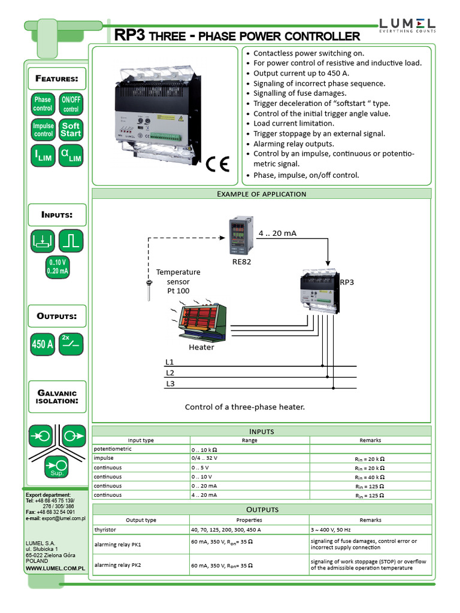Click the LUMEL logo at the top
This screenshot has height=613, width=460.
(x=407, y=25)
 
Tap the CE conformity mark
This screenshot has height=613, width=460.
(x=218, y=165)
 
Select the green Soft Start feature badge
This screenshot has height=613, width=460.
(x=71, y=130)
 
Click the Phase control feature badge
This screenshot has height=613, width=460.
(x=43, y=104)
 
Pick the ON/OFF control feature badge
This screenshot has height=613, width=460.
(x=71, y=104)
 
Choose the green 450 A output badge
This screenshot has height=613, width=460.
(x=43, y=344)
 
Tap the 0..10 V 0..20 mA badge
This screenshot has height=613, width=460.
(x=57, y=266)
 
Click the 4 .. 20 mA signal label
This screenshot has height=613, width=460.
(x=277, y=233)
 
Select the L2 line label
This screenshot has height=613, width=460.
(x=170, y=373)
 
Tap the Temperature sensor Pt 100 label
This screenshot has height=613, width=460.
(x=178, y=281)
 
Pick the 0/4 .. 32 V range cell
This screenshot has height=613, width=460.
(x=204, y=458)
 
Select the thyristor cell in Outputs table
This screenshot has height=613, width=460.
(x=105, y=530)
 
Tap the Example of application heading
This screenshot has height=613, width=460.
(x=261, y=194)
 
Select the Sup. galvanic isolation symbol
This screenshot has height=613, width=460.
(x=57, y=466)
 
